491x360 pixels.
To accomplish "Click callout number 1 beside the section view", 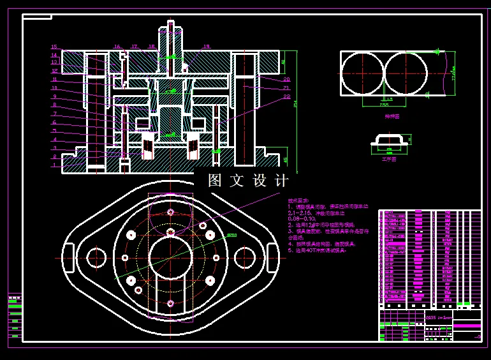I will coord(55,165).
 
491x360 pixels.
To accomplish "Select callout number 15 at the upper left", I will coord(54,47).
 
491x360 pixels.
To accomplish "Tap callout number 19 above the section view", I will coord(207,47).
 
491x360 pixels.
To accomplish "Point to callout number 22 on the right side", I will coord(287,96).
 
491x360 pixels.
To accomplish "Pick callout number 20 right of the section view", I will coord(287,79).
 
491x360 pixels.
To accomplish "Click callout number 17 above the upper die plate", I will coord(135,47).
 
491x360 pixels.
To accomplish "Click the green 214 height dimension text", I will coord(296,105).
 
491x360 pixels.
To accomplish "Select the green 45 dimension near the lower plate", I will coord(285,160).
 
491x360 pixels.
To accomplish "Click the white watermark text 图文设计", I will coord(249,181).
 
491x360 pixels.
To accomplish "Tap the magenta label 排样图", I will coord(392,116).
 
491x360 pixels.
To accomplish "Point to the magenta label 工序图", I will coord(389,159).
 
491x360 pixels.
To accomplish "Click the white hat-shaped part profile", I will coord(388,139).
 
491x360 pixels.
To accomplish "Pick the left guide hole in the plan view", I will coord(96,258).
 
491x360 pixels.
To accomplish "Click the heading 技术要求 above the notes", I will coord(298,200).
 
